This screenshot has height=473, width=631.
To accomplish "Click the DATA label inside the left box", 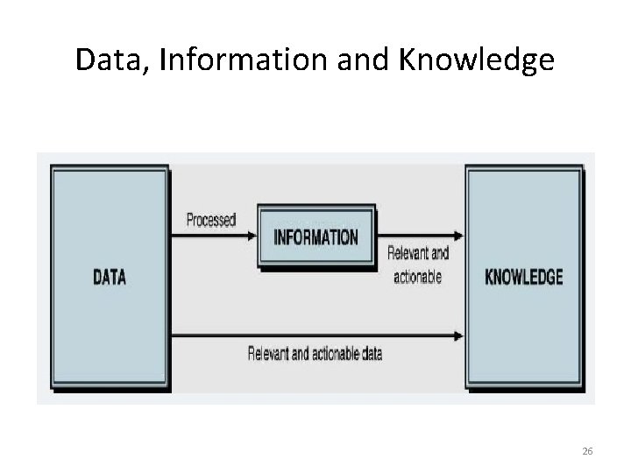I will pos(110,278).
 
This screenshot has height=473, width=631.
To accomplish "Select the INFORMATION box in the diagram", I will pos(316,236).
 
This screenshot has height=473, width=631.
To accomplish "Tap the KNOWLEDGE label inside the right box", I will pos(524,278).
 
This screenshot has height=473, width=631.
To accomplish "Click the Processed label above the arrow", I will pos(211,221).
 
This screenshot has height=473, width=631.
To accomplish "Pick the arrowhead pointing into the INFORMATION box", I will pos(252,236).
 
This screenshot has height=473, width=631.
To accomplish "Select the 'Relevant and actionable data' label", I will pos(315,355).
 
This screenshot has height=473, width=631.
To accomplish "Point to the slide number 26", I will pos(587,450).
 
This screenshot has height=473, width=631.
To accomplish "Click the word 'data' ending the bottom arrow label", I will pos(369,355).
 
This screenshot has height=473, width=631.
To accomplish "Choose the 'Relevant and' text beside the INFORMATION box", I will pos(418,255).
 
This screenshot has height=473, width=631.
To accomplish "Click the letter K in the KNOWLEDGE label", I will pos(490,278).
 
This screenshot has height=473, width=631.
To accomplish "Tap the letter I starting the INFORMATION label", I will pos(277,236).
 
